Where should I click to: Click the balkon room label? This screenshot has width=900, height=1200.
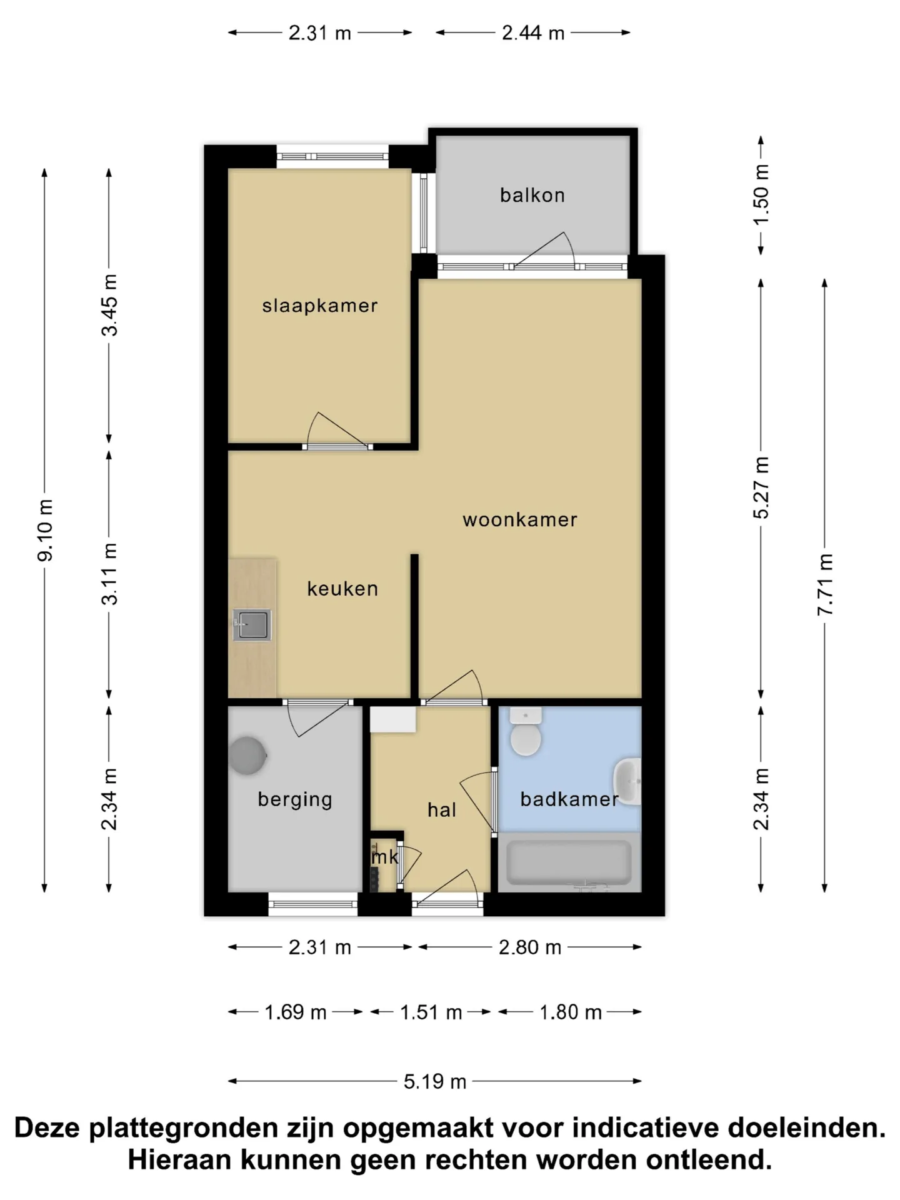(x=532, y=195)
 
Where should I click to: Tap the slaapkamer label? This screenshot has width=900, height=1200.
(x=320, y=306)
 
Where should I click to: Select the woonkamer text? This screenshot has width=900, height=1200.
(x=520, y=519)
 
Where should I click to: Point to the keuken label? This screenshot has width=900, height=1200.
(x=342, y=588)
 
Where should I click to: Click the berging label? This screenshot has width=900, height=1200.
(x=295, y=800)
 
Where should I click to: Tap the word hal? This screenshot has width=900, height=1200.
(x=442, y=810)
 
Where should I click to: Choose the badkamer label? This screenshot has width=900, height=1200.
(x=569, y=799)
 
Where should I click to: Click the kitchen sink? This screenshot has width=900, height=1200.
(x=252, y=625)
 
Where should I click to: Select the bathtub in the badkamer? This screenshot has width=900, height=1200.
(x=569, y=862)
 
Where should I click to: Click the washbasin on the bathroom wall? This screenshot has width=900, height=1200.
(x=627, y=781)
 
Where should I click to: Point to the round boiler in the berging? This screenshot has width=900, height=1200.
(x=247, y=756)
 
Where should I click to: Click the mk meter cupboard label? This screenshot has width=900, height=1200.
(x=384, y=857)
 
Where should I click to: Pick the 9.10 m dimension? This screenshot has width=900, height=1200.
(x=45, y=530)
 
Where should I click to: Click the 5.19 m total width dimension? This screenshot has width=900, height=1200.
(x=435, y=1082)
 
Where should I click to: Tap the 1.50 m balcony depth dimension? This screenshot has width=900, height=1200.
(x=761, y=194)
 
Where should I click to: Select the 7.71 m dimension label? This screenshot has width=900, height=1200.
(x=825, y=584)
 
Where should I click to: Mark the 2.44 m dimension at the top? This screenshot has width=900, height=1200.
(x=533, y=32)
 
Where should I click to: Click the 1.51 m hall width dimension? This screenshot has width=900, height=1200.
(x=431, y=1012)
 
